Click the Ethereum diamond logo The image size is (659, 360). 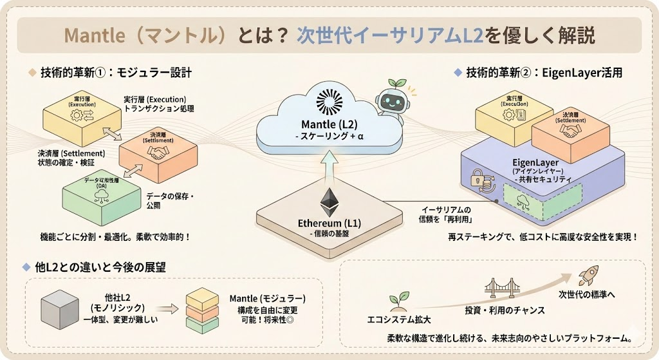pos(329,202)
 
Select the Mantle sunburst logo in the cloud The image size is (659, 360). pos(330,102)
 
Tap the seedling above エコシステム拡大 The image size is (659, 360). pos(394,301)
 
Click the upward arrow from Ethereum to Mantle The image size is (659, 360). pos(329,166)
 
